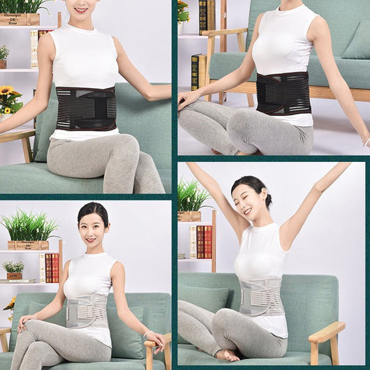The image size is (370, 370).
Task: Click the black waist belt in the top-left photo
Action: coord(86,108)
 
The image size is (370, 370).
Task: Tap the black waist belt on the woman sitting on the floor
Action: coord(282,93)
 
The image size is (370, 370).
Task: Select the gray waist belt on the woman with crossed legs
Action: coord(87,311)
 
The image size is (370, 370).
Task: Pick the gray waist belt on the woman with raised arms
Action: coord(261,297)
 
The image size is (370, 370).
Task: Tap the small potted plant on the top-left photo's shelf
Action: coord(3,53)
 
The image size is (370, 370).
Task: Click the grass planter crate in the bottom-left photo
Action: coord(29,245)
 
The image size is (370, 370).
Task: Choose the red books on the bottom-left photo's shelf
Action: coord(52,268)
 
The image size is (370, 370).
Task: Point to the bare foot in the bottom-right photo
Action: coord(227,355)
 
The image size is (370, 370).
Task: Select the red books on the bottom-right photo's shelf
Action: coord(205,242)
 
